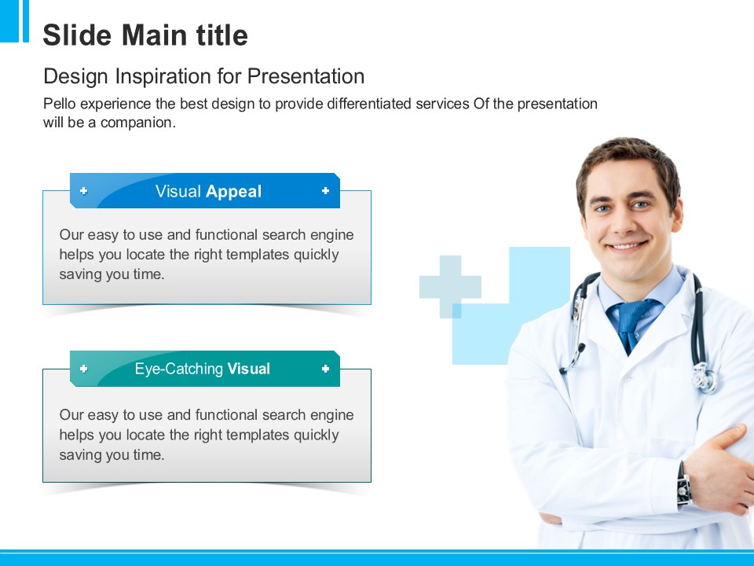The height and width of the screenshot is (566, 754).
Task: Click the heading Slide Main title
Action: pyautogui.click(x=145, y=35)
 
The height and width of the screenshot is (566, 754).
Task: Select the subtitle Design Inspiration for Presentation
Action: pyautogui.click(x=204, y=76)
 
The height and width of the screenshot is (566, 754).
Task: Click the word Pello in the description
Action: pyautogui.click(x=59, y=104)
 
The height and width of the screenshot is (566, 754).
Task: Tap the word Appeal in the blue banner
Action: pyautogui.click(x=234, y=192)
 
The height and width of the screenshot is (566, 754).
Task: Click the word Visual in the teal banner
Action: pyautogui.click(x=249, y=369)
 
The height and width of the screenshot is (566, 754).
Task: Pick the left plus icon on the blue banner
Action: pyautogui.click(x=84, y=191)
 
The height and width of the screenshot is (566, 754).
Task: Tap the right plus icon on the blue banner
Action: pyautogui.click(x=325, y=191)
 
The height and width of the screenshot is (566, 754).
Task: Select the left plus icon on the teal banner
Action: pyautogui.click(x=84, y=369)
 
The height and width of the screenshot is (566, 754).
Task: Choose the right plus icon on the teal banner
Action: pyautogui.click(x=325, y=369)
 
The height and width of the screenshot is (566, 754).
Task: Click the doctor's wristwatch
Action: pyautogui.click(x=684, y=483)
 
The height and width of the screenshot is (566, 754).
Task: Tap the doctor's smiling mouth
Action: pyautogui.click(x=627, y=246)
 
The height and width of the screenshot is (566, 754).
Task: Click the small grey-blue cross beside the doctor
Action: pyautogui.click(x=450, y=287)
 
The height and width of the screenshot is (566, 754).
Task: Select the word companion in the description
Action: pyautogui.click(x=137, y=123)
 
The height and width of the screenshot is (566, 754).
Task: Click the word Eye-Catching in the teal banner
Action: pyautogui.click(x=179, y=369)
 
